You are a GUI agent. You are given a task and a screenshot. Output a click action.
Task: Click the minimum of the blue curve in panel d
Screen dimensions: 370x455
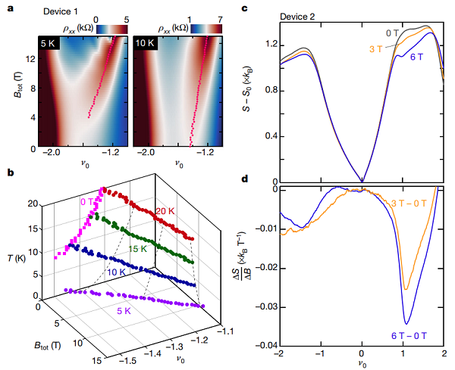tap(408, 324)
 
